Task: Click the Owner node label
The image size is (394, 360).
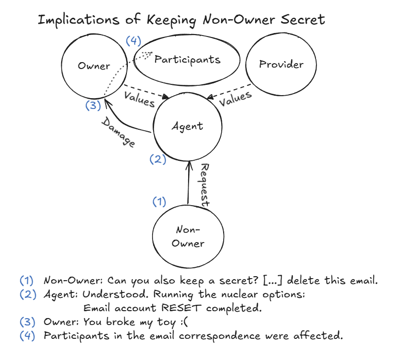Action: (94, 66)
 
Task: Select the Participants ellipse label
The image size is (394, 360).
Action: (187, 60)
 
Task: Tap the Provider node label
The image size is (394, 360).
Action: (281, 65)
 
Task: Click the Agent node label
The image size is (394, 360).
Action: (187, 126)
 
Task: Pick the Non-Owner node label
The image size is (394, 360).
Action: (188, 237)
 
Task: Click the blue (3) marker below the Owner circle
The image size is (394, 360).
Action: (93, 106)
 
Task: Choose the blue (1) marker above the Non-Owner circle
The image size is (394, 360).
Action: (159, 201)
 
